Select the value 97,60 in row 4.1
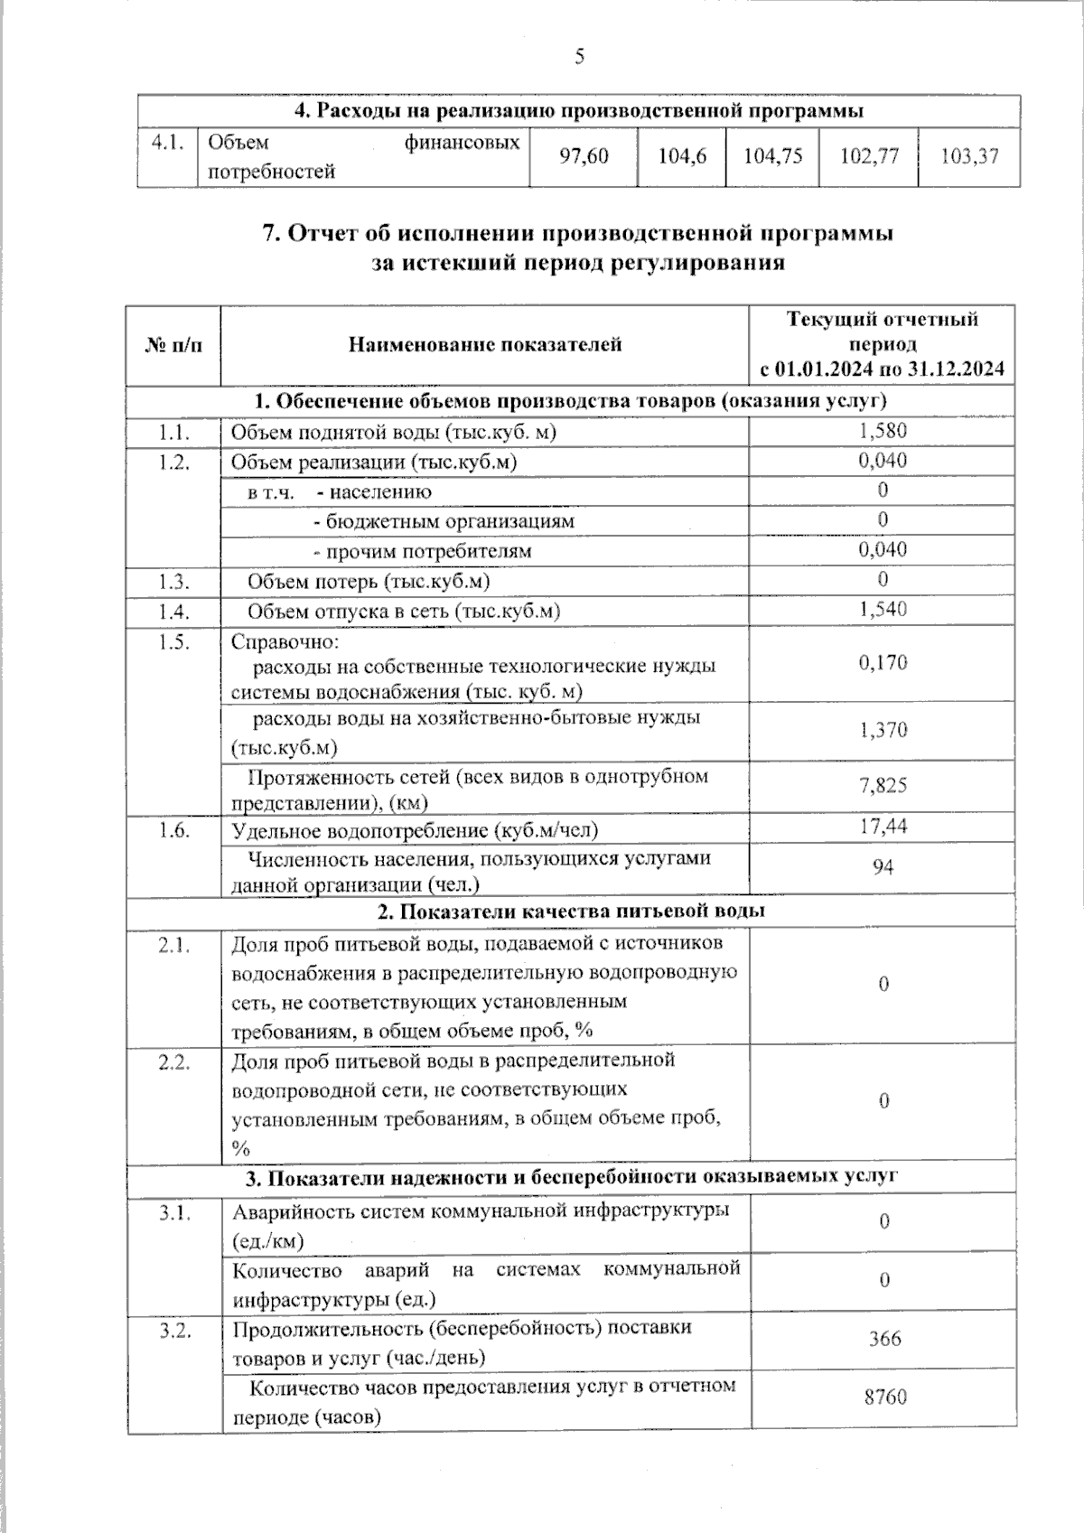(584, 156)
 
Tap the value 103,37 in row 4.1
(969, 156)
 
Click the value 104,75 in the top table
(772, 156)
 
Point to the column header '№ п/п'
(173, 344)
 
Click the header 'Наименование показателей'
(485, 344)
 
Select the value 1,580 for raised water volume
(883, 431)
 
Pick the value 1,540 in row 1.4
(883, 610)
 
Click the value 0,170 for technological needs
(883, 663)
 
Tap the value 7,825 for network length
(883, 785)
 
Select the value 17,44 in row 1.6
(883, 827)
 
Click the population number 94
(883, 867)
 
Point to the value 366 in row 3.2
(884, 1339)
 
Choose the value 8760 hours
(884, 1397)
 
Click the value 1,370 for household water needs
(883, 730)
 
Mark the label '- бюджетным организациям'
(443, 521)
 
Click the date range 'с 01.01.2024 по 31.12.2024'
(882, 369)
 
